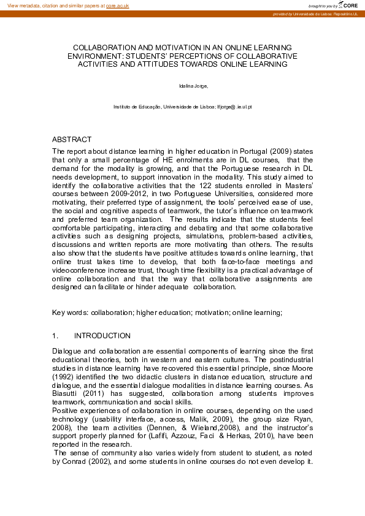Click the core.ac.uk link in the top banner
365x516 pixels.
(x=118, y=5)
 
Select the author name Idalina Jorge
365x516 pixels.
(x=182, y=87)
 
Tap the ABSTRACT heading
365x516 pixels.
(x=72, y=140)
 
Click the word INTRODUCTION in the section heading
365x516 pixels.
(x=102, y=336)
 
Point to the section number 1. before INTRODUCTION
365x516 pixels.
(x=55, y=336)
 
